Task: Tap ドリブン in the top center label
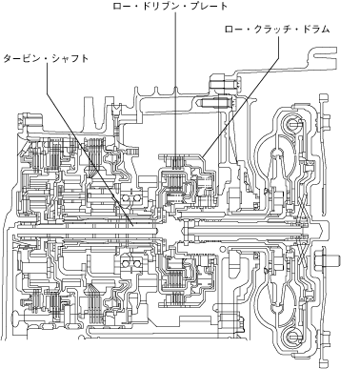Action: click(158, 6)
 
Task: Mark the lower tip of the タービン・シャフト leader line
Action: click(132, 226)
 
